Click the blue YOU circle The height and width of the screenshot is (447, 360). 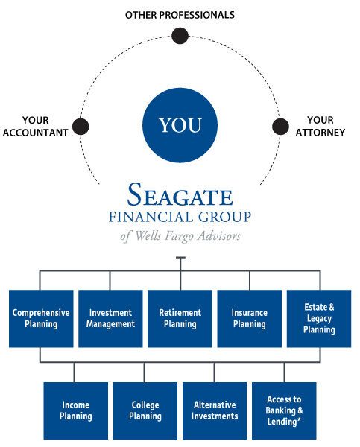point(180,125)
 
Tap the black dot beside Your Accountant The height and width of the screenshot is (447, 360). point(80,127)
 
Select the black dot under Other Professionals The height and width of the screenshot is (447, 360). point(180,36)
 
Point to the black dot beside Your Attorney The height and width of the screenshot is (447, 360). point(280,127)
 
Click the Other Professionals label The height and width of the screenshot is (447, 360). point(180,15)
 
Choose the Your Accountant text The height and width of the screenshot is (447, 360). point(35,127)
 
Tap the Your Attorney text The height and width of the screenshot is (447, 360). point(320,127)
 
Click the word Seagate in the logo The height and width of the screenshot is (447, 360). point(180,194)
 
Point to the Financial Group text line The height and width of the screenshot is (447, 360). point(180,217)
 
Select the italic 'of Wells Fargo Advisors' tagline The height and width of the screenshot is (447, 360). point(180,236)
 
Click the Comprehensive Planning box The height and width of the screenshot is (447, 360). point(41,318)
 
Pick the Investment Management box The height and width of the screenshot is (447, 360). point(110,318)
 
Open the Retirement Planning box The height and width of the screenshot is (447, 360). point(180,318)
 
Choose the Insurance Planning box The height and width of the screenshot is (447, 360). point(250,318)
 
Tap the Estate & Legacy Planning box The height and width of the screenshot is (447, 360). point(319,318)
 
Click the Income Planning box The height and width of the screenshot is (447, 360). point(76,410)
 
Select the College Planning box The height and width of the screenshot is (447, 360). point(145,410)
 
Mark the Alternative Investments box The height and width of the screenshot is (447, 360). point(215,410)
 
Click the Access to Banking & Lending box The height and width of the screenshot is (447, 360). point(284,410)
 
